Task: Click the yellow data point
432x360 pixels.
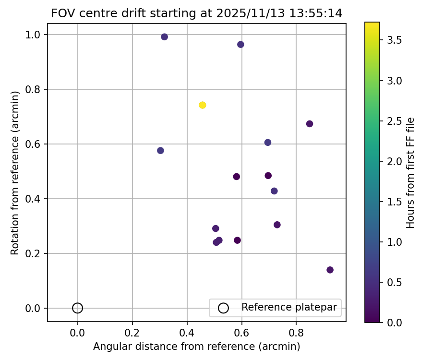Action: tap(202, 105)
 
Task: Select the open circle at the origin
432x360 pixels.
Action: tap(77, 308)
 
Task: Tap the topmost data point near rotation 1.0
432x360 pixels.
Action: tap(164, 37)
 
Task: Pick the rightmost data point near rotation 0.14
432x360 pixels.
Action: tap(330, 270)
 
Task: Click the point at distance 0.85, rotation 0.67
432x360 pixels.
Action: tap(310, 124)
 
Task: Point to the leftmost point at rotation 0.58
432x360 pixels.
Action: tap(160, 151)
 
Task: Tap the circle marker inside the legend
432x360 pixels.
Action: tap(223, 308)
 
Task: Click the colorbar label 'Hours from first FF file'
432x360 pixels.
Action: tap(410, 173)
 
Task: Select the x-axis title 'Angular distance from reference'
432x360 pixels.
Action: tap(196, 347)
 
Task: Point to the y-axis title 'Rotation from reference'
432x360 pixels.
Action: tap(15, 173)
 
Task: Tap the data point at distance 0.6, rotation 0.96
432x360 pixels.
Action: tap(240, 45)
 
